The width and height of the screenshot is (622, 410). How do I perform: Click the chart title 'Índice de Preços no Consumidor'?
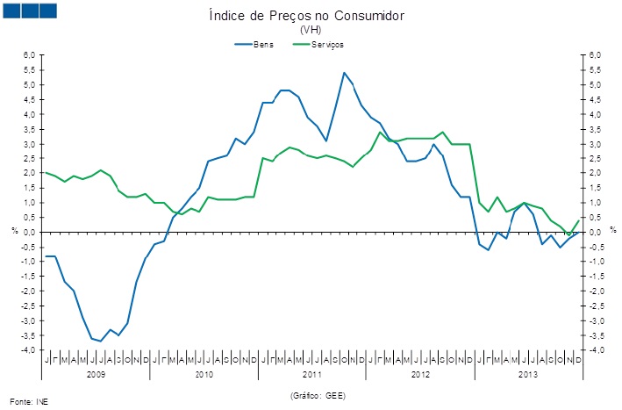[311, 16]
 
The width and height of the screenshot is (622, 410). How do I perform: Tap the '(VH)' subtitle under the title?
[311, 29]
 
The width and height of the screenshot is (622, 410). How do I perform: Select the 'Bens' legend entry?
[263, 43]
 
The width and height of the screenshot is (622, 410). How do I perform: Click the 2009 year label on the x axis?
[96, 374]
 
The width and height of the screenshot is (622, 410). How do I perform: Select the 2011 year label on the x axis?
[312, 374]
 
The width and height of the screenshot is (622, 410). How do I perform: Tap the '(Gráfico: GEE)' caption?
[317, 396]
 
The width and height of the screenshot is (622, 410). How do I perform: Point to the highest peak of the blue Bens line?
[344, 73]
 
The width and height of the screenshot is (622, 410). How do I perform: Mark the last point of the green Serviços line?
[579, 220]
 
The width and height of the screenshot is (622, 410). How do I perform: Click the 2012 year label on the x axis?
[421, 374]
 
